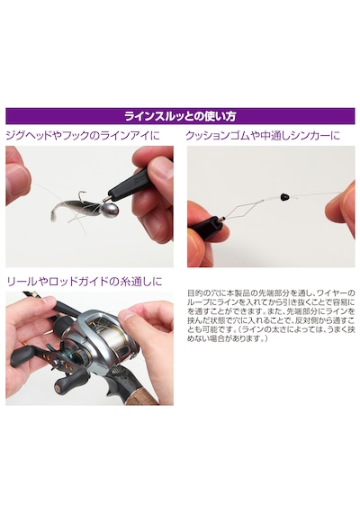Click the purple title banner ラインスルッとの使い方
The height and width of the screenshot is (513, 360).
180,116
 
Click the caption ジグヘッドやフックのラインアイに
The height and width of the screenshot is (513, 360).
83,135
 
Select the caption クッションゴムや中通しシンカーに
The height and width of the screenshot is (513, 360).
263,135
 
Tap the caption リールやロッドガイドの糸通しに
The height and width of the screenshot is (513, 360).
85,282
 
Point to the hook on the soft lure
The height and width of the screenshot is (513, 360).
84,197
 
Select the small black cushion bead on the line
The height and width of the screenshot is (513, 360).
284,197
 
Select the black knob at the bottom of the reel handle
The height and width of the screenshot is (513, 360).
68,383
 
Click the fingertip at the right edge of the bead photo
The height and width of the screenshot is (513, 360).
343,202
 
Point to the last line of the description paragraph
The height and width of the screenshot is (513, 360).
227,339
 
